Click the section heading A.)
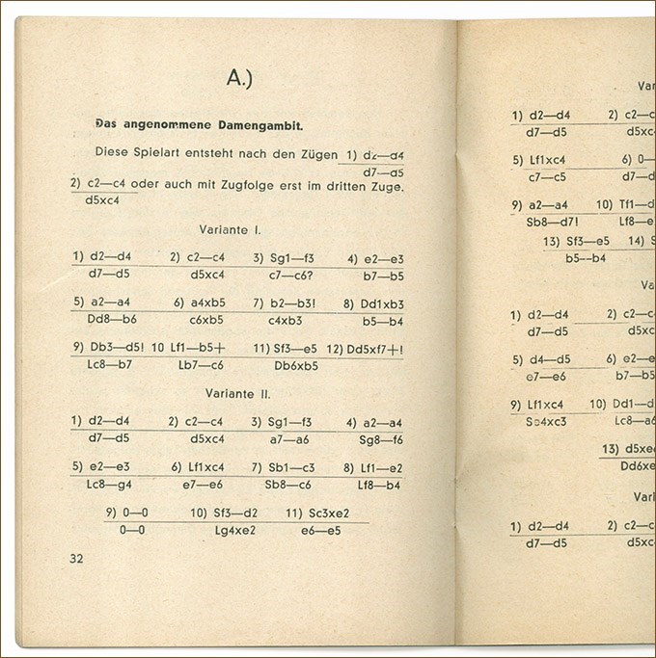click(x=239, y=78)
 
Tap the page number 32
click(x=77, y=558)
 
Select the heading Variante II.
click(x=238, y=394)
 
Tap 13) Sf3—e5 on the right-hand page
click(x=577, y=241)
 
